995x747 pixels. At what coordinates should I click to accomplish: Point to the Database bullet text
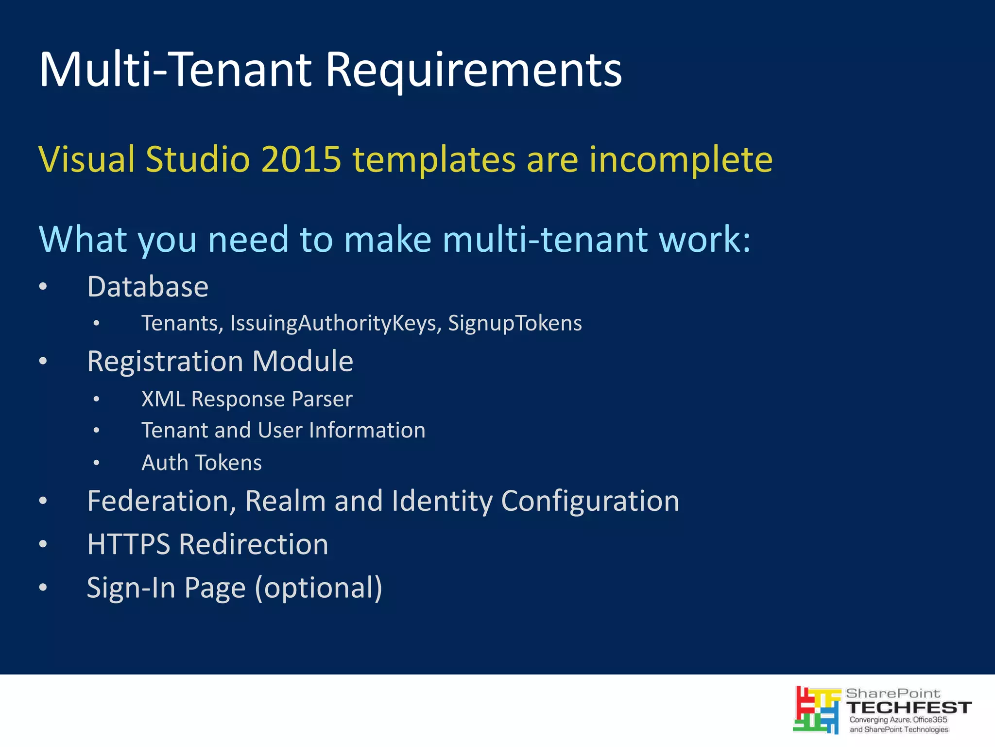[148, 286]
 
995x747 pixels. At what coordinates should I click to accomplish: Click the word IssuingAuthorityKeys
[335, 323]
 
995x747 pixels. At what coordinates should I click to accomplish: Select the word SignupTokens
[515, 323]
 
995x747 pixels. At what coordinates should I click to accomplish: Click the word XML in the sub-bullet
[163, 399]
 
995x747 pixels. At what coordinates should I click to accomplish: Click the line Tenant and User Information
[283, 431]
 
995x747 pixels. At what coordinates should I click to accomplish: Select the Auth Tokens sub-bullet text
[202, 463]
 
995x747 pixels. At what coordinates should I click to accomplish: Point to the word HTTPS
[129, 544]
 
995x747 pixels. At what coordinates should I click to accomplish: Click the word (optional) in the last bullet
[319, 588]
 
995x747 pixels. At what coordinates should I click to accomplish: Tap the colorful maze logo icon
[817, 710]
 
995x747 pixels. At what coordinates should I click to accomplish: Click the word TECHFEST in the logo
[909, 708]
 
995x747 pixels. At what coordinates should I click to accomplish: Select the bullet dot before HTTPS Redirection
[43, 544]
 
